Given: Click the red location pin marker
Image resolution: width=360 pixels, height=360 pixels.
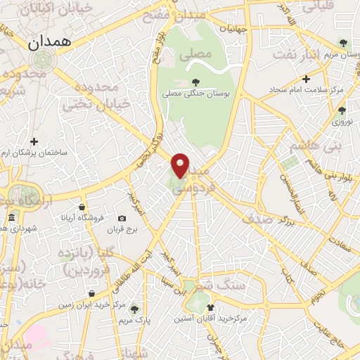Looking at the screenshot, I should pyautogui.click(x=181, y=165).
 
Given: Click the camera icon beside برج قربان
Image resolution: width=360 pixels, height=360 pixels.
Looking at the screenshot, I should pyautogui.click(x=122, y=219).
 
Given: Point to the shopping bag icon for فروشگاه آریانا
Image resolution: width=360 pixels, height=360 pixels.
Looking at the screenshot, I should pyautogui.click(x=82, y=207).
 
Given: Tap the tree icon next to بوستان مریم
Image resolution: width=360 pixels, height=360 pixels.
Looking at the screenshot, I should pyautogui.click(x=342, y=42).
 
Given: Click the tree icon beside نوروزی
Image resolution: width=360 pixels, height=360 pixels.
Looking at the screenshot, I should pyautogui.click(x=342, y=110).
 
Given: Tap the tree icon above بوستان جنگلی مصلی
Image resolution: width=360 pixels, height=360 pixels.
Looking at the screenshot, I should pyautogui.click(x=195, y=82).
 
